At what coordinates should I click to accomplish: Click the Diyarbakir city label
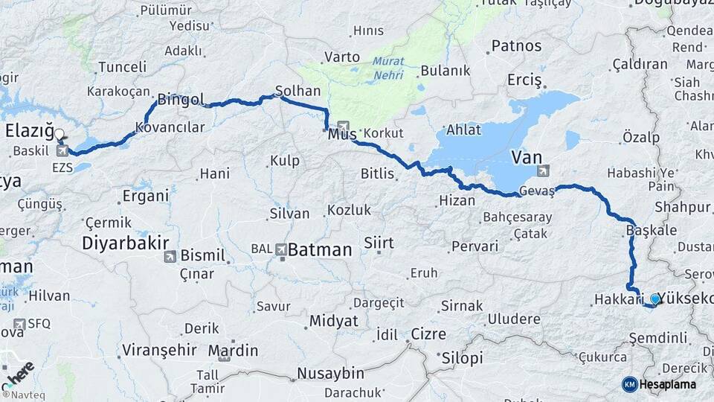click(x=125, y=243)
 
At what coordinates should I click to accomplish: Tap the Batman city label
click(x=319, y=250)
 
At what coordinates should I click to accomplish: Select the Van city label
click(x=526, y=157)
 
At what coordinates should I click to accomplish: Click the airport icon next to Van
click(x=544, y=170)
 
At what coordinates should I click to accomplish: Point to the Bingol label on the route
click(x=176, y=98)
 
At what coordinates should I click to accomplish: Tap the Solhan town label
click(x=297, y=91)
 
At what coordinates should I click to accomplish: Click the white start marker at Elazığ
click(x=59, y=135)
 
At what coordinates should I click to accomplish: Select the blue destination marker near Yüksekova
click(x=654, y=299)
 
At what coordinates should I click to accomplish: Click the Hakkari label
click(x=618, y=299)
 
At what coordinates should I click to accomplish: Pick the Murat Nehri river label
click(x=388, y=68)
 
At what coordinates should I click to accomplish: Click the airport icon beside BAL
click(x=281, y=249)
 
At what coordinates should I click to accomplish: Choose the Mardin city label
click(x=233, y=350)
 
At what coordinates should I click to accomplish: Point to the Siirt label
click(x=379, y=243)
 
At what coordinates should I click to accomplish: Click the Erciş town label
click(x=524, y=79)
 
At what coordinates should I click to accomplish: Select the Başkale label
click(x=652, y=230)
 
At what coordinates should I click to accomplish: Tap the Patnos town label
click(x=516, y=46)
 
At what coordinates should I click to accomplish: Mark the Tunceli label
click(x=122, y=67)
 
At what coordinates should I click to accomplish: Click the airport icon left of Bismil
click(x=170, y=257)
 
